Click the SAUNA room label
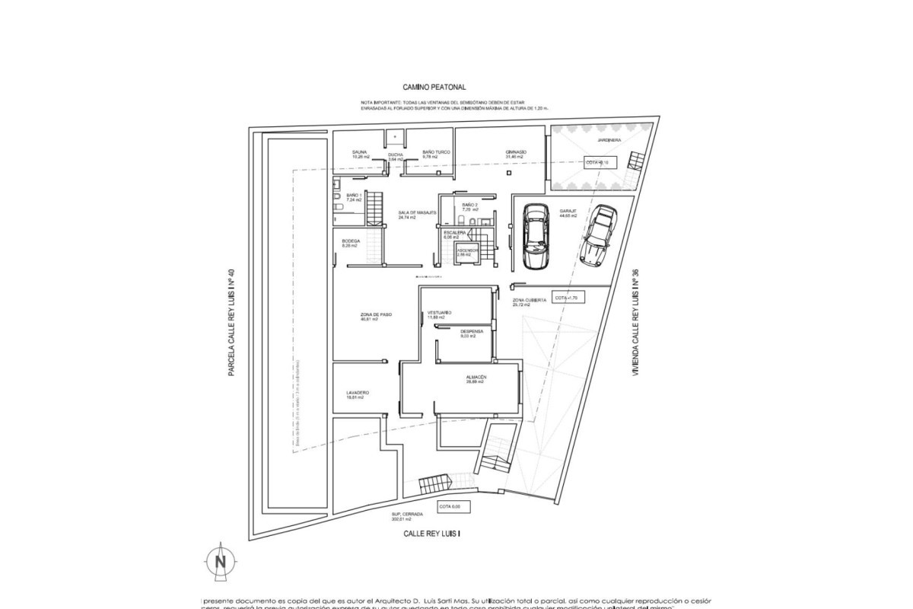tap(360, 152)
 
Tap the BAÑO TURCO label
tap(437, 152)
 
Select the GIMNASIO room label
tap(516, 152)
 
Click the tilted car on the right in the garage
tap(597, 233)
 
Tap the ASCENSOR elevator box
tap(466, 253)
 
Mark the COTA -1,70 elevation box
tap(567, 298)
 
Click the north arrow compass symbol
tap(221, 561)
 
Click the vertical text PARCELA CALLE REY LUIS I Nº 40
tap(231, 320)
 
